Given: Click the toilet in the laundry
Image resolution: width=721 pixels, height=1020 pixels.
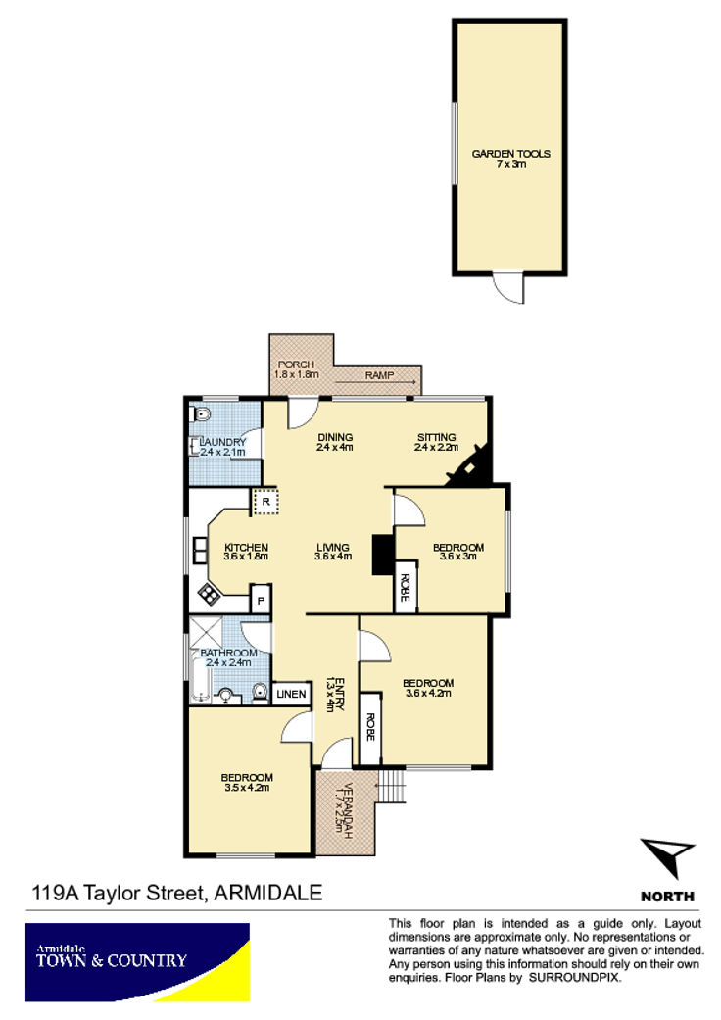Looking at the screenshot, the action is tap(201, 413).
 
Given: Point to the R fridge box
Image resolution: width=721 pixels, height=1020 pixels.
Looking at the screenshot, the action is tap(265, 502).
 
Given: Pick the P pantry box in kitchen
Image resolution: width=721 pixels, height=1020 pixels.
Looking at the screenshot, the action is tap(261, 599).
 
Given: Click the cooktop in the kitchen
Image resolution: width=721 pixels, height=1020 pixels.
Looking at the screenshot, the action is tap(209, 593).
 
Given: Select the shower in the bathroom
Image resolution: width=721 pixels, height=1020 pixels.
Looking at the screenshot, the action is tap(206, 632).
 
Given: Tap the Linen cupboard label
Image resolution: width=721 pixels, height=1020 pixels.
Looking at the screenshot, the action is tap(291, 694).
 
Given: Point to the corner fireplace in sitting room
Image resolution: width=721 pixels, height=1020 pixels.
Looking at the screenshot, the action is tap(469, 465).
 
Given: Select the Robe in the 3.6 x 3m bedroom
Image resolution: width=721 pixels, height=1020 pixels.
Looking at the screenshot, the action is tap(405, 588).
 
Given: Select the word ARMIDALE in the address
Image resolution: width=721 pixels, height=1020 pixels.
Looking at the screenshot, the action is tap(267, 893).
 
